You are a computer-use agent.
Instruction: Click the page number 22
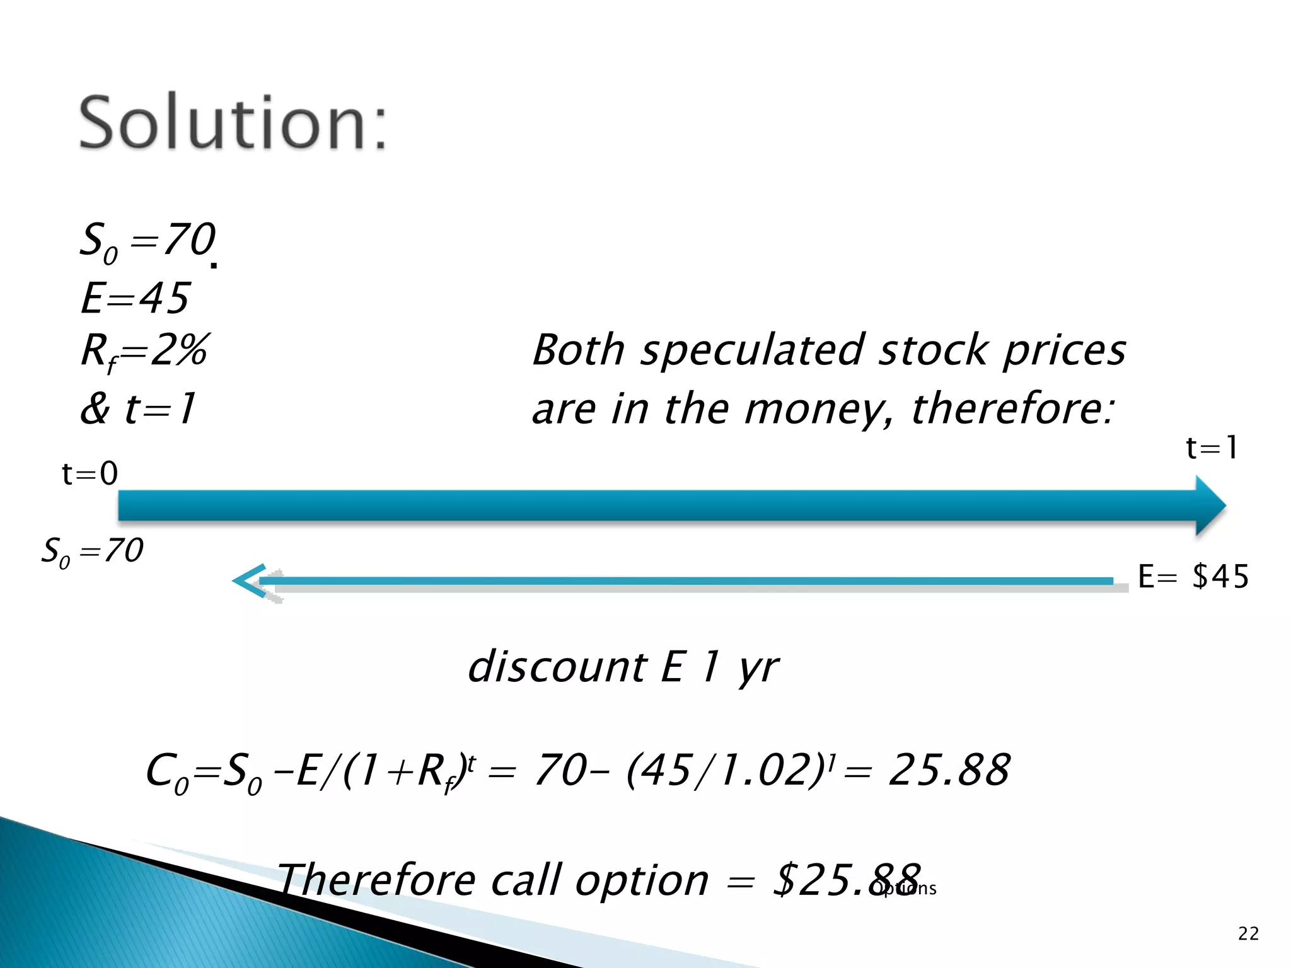click(1248, 933)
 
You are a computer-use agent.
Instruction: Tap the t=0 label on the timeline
click(90, 473)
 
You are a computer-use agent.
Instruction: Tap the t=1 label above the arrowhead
click(1212, 448)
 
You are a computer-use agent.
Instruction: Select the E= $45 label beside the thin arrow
click(1193, 577)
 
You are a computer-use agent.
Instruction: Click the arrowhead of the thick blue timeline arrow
click(1210, 505)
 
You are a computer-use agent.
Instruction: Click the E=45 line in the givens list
click(135, 297)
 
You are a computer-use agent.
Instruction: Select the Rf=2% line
click(144, 352)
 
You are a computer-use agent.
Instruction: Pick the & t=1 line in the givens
click(138, 409)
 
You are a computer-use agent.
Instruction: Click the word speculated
click(753, 351)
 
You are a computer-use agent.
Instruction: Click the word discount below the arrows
click(557, 667)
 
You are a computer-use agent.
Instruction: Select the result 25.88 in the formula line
click(949, 769)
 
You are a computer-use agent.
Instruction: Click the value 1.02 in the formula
click(767, 769)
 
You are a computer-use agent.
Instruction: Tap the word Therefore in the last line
click(376, 880)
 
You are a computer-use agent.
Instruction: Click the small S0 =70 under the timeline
click(93, 551)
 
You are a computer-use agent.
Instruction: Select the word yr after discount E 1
click(758, 668)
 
